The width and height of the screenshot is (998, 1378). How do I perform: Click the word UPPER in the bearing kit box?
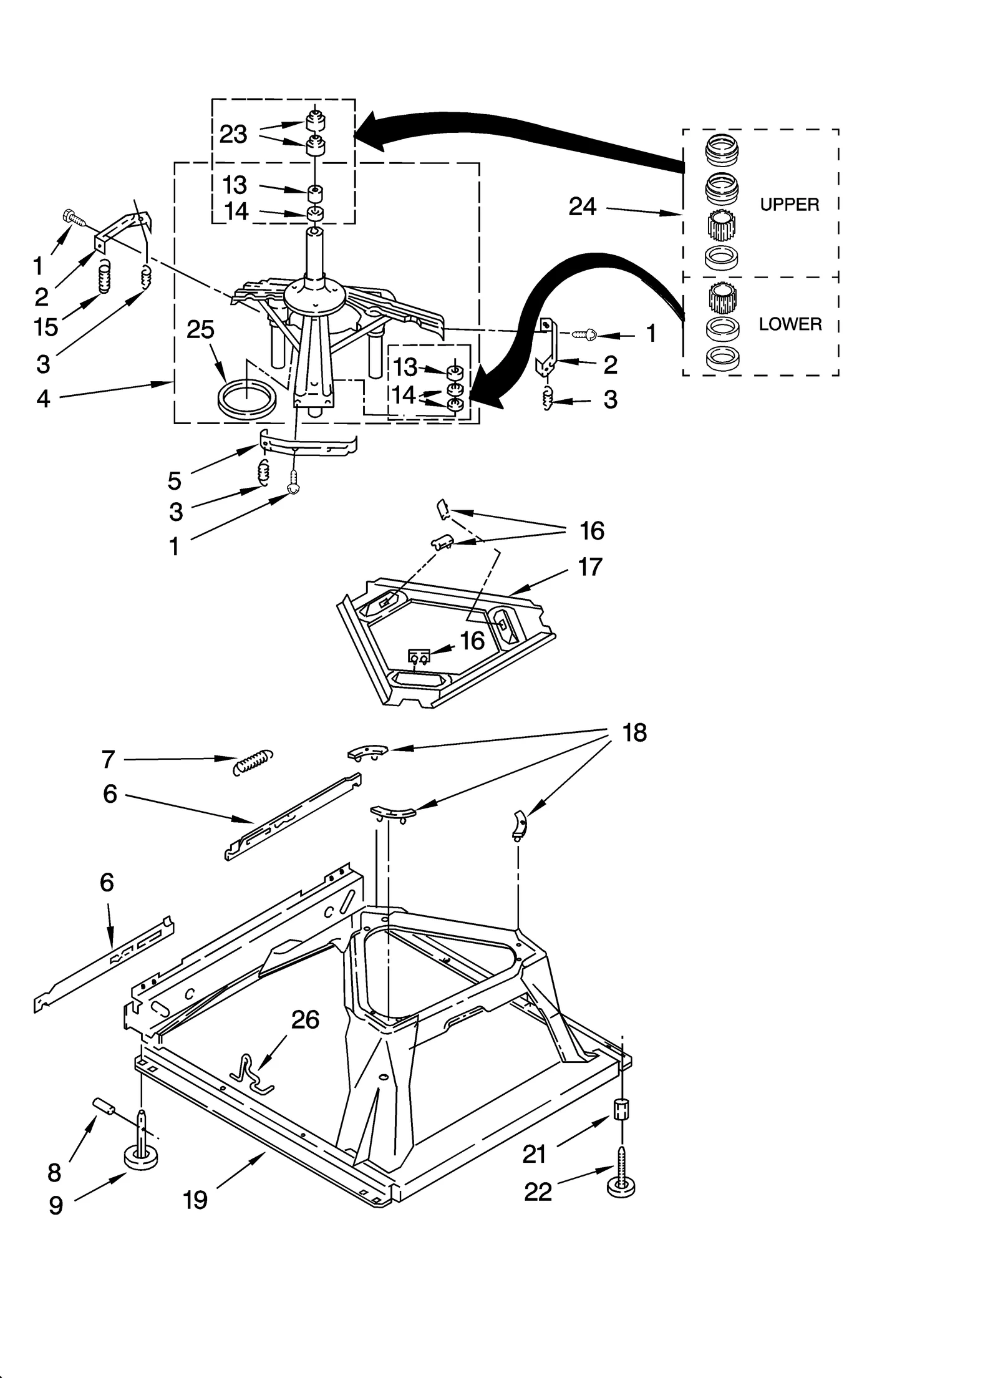click(x=788, y=205)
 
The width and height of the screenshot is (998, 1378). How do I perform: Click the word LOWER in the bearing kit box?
click(x=790, y=324)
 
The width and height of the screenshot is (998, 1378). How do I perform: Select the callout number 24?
click(x=582, y=206)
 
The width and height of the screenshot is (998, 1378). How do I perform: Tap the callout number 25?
click(x=200, y=329)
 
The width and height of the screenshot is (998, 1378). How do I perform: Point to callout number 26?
click(x=305, y=1019)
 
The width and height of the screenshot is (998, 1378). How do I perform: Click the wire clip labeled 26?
click(x=253, y=1075)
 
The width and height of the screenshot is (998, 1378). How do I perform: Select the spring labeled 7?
click(x=253, y=762)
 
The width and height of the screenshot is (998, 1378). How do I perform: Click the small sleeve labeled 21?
click(x=621, y=1110)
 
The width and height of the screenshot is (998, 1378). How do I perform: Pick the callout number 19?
click(x=195, y=1200)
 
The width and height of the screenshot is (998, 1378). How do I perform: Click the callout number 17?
click(x=590, y=567)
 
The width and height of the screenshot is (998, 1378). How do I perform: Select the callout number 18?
click(x=634, y=733)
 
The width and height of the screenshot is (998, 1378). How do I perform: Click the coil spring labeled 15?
click(x=105, y=276)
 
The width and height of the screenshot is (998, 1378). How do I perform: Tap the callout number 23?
click(x=233, y=134)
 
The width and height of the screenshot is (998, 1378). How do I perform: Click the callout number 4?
click(x=42, y=398)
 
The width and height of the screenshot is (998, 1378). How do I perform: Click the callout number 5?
click(x=175, y=481)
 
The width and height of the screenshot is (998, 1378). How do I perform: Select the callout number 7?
click(x=108, y=759)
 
